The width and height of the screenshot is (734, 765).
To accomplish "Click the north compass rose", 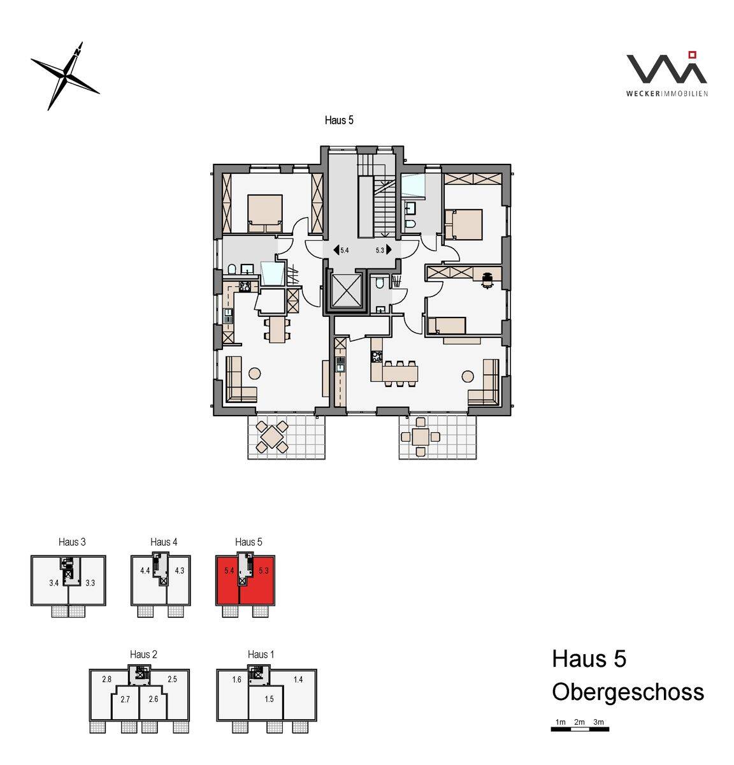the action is [65, 75].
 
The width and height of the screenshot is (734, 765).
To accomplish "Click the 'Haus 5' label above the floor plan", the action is [339, 120].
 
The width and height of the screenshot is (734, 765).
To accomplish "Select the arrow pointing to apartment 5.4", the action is [336, 250].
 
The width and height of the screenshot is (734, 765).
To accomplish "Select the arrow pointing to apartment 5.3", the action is [389, 250].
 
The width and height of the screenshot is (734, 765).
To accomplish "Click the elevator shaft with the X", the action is [346, 290].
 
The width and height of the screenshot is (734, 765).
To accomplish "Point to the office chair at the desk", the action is [487, 280].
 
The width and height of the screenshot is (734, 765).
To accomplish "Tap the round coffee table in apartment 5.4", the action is [255, 373].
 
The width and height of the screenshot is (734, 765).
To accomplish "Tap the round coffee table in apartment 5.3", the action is [468, 376].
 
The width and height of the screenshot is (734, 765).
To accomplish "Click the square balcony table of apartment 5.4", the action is [271, 436].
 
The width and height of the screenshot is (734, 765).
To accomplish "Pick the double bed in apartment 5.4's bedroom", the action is [265, 214].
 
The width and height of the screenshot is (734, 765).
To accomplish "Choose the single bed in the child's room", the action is [447, 326].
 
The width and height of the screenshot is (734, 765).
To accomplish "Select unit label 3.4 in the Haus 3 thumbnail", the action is [54, 583].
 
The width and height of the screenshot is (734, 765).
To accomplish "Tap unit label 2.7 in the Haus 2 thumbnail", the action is [125, 699].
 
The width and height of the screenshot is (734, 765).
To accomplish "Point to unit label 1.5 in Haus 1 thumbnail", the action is [269, 699].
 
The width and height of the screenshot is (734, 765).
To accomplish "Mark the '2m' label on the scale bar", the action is [579, 722].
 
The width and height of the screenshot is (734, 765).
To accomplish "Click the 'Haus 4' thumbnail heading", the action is [164, 542].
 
